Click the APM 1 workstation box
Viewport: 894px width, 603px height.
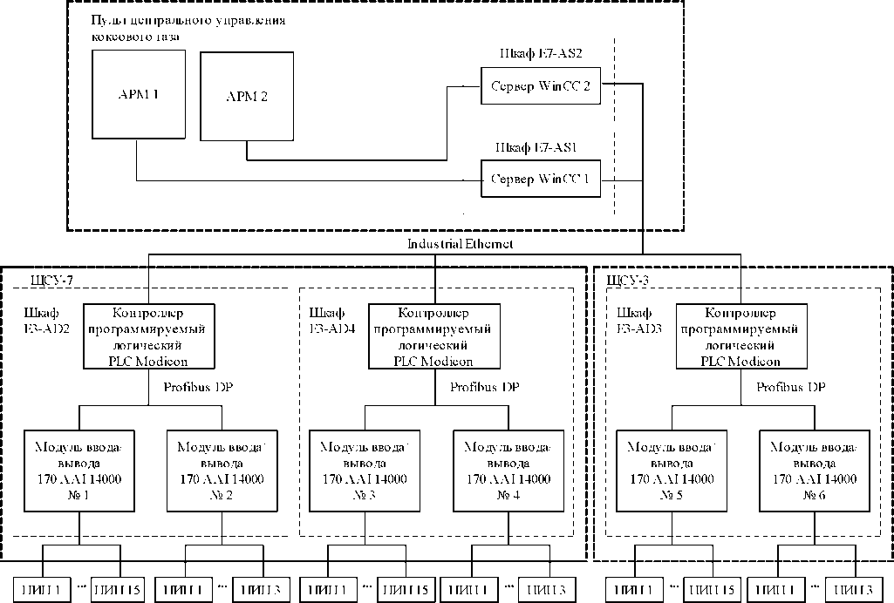pyautogui.click(x=140, y=94)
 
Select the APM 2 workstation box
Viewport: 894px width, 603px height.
pyautogui.click(x=247, y=97)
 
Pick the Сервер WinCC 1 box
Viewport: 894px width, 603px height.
pyautogui.click(x=541, y=180)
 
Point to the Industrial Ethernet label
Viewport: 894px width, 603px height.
pyautogui.click(x=460, y=244)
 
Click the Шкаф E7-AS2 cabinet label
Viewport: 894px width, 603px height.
pyautogui.click(x=541, y=54)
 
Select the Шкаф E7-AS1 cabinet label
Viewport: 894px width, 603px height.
pyautogui.click(x=541, y=146)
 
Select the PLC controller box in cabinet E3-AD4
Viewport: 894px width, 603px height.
pyautogui.click(x=433, y=335)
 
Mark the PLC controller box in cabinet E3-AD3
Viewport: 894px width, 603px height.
pyautogui.click(x=740, y=335)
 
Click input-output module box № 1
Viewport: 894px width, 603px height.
pyautogui.click(x=79, y=470)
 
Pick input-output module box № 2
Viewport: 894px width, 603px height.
pyautogui.click(x=220, y=470)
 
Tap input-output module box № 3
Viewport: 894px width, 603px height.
pyautogui.click(x=364, y=470)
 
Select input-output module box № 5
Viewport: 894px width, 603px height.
pyautogui.click(x=671, y=470)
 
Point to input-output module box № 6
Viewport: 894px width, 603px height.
pyautogui.click(x=813, y=470)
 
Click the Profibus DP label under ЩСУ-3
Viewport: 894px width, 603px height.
pyautogui.click(x=790, y=387)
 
